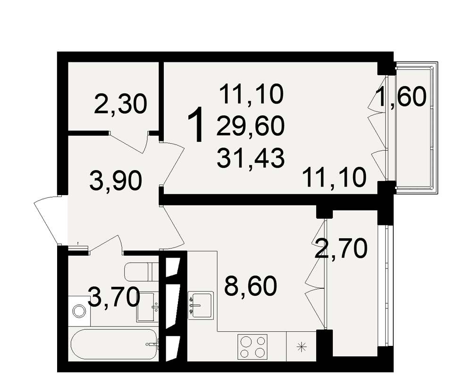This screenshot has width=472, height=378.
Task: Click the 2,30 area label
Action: (120, 104)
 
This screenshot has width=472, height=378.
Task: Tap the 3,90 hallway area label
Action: (116, 181)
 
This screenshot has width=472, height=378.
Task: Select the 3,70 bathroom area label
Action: (115, 297)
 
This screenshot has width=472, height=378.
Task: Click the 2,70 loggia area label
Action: (341, 249)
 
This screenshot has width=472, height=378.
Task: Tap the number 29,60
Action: (251, 126)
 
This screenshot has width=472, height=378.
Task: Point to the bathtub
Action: (114, 344)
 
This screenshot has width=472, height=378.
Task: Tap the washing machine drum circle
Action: (79, 311)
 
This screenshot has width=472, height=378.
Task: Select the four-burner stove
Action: (252, 347)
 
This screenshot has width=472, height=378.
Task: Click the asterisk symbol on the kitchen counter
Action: (301, 347)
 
